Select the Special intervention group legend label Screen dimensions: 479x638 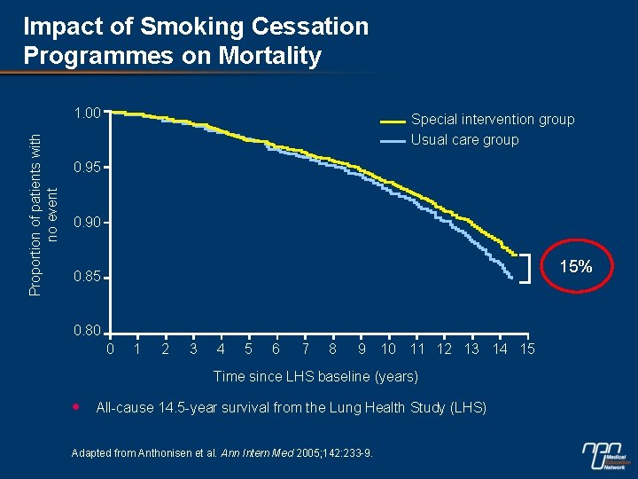pyautogui.click(x=493, y=119)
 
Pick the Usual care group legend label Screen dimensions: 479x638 pyautogui.click(x=464, y=139)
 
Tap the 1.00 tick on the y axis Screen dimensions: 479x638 pyautogui.click(x=88, y=113)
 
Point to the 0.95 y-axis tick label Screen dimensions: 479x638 pyautogui.click(x=88, y=168)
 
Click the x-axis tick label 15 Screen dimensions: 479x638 pyautogui.click(x=527, y=349)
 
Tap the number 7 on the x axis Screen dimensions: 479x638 pyautogui.click(x=305, y=349)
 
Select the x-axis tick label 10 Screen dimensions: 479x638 pyautogui.click(x=388, y=349)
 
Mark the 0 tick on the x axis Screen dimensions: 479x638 pyautogui.click(x=110, y=349)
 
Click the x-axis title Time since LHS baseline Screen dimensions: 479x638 pyautogui.click(x=315, y=377)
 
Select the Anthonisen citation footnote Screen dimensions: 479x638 pyautogui.click(x=222, y=454)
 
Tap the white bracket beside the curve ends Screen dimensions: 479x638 pyautogui.click(x=527, y=267)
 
